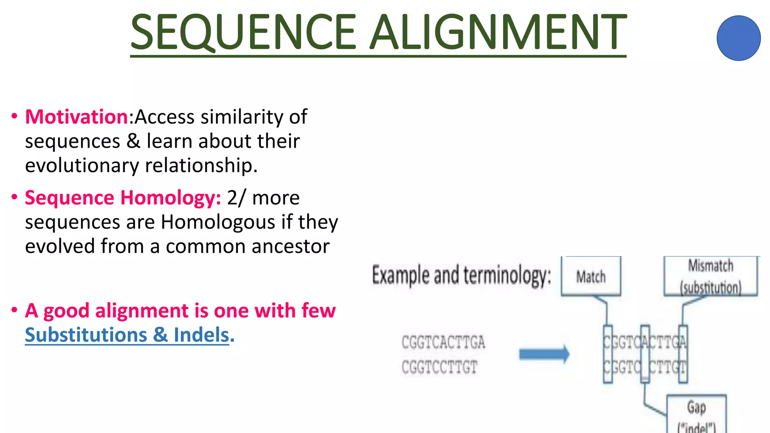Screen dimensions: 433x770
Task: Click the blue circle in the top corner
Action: pos(738,38)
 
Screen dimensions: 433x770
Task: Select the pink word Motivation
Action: pos(77,117)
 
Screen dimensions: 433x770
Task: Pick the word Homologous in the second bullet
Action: pos(218,222)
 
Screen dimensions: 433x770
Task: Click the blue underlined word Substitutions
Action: pos(86,335)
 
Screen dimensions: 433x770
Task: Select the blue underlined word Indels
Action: pos(202,335)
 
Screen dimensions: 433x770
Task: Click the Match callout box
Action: pos(591,277)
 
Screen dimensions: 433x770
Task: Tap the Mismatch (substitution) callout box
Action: pos(710,277)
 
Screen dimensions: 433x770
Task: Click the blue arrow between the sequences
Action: pos(544,354)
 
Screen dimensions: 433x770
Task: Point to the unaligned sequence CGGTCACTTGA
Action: pos(443,342)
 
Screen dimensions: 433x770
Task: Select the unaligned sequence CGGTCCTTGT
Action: pos(439,367)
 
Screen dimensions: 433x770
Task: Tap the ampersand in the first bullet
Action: pos(133,141)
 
